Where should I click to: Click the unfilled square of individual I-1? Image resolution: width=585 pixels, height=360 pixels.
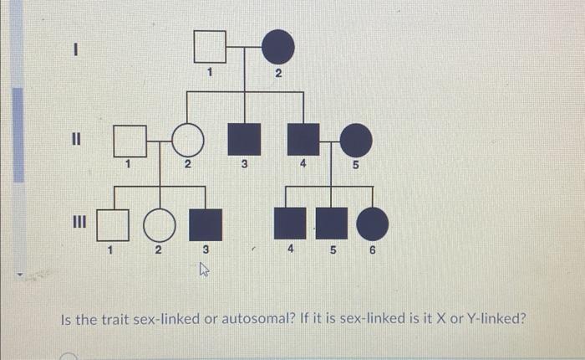211,47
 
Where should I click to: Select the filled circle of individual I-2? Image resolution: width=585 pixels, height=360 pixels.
278,47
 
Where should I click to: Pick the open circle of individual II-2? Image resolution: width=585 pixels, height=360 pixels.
188,141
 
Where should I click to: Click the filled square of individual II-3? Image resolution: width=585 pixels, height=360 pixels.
244,141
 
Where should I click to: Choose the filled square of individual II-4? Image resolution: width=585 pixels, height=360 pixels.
303,141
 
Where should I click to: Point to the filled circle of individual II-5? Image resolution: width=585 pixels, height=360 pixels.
356,141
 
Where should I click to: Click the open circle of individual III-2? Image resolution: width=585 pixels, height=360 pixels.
160,224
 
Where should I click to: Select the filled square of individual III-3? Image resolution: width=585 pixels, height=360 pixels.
206,224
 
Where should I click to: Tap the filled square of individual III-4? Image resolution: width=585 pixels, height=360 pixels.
290,224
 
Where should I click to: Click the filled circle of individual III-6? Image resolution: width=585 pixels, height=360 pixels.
373,224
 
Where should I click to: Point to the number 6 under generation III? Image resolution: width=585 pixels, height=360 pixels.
374,249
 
